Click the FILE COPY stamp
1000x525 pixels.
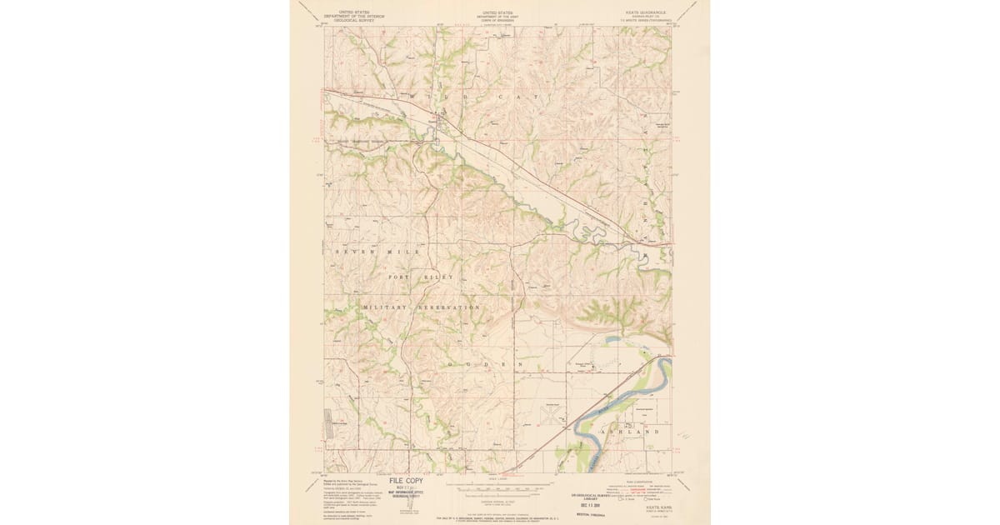402,481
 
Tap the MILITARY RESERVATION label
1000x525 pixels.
421,307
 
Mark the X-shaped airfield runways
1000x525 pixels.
551,414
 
